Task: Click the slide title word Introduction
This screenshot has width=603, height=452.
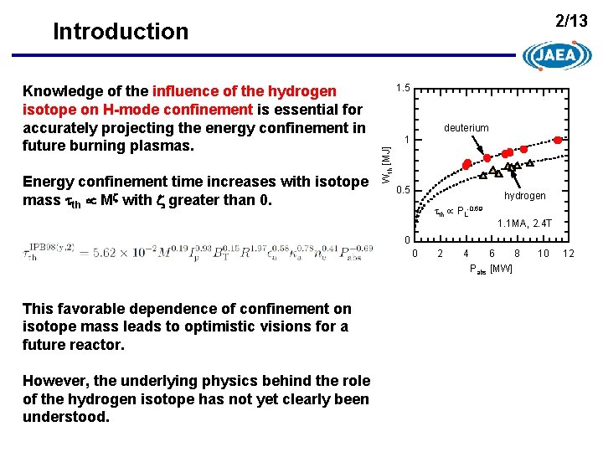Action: coord(121,31)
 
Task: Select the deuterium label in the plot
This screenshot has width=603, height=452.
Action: coord(466,128)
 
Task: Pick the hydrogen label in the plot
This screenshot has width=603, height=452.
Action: coord(524,195)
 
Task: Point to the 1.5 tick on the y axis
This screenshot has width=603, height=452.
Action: coord(402,88)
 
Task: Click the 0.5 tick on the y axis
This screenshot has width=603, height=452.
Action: coord(402,190)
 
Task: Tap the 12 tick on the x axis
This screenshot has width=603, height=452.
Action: coord(569,253)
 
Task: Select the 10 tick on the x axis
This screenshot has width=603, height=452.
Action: coord(543,253)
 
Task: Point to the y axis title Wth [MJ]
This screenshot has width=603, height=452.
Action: coord(386,165)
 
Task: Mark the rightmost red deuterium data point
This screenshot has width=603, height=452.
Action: coord(559,140)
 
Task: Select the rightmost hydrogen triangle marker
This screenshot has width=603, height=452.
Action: coord(530,164)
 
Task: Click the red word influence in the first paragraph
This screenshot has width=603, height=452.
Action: coord(185,90)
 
